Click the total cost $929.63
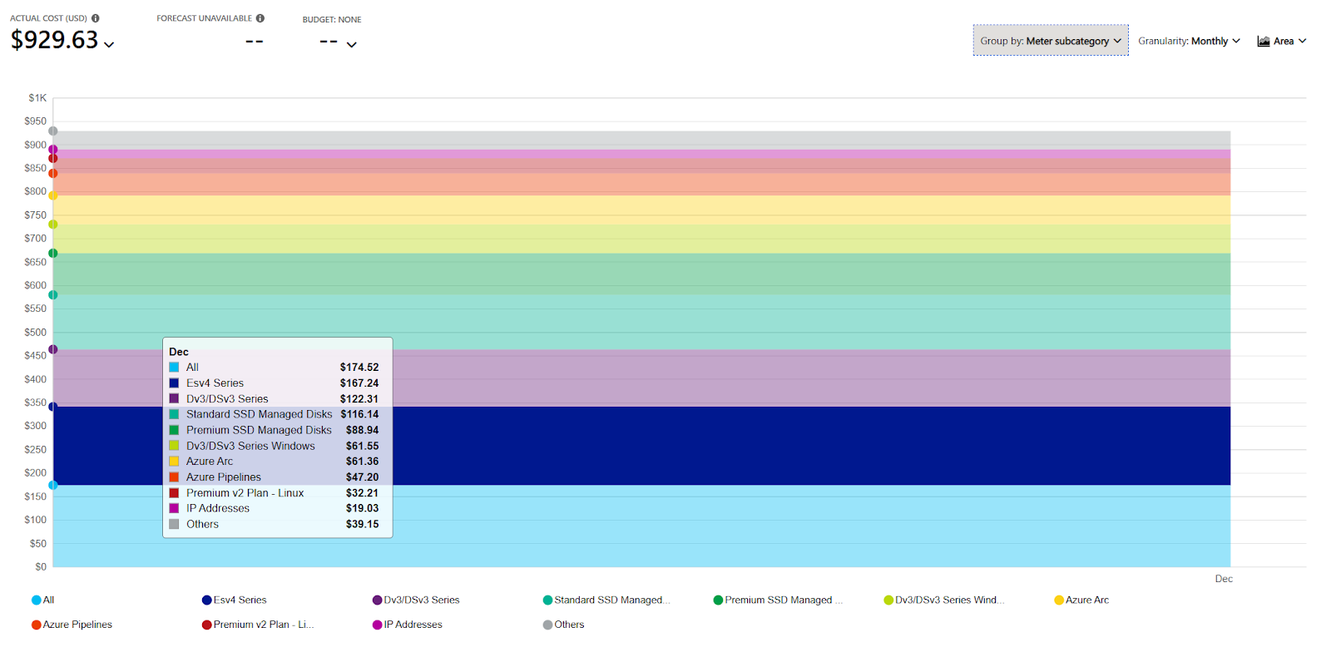click(x=55, y=40)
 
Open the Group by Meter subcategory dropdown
click(x=1050, y=41)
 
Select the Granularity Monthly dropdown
click(x=1189, y=41)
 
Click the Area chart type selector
click(x=1282, y=41)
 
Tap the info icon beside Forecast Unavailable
click(x=260, y=18)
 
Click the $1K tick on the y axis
click(x=37, y=98)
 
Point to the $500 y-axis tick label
click(x=36, y=333)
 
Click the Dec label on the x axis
click(x=1223, y=579)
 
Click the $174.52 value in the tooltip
click(x=359, y=368)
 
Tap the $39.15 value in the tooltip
click(x=362, y=525)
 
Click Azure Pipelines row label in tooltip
click(x=223, y=477)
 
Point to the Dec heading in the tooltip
click(x=179, y=352)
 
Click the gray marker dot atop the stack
click(x=53, y=131)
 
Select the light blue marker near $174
click(x=53, y=485)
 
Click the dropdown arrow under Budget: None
click(x=352, y=45)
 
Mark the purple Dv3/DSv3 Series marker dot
click(x=53, y=349)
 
